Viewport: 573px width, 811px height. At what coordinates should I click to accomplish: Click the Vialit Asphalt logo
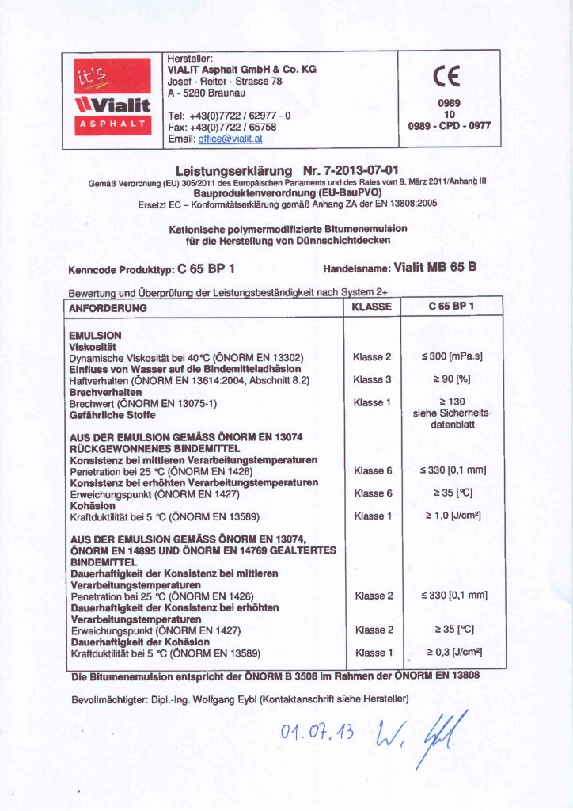tap(111, 98)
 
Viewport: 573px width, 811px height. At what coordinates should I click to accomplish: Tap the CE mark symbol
tap(449, 77)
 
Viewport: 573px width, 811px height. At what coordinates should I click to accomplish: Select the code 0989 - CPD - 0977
tap(449, 125)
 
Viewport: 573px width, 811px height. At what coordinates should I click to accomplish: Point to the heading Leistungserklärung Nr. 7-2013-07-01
tap(286, 170)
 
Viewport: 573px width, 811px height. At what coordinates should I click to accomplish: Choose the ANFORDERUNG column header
tap(108, 307)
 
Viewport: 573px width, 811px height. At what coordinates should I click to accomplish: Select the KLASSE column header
tap(372, 307)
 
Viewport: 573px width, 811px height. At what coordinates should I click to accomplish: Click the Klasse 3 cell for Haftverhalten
tap(372, 380)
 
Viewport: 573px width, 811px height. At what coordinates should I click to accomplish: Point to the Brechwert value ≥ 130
tap(452, 402)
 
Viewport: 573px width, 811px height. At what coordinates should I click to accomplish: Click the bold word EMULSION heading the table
tap(95, 335)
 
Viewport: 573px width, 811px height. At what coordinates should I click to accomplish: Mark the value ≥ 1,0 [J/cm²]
tap(453, 516)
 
